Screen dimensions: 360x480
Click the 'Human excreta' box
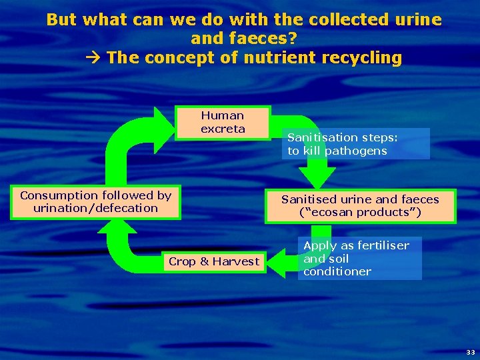point(223,123)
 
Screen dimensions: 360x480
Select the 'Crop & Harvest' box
point(213,261)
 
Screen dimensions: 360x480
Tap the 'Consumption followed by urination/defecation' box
point(95,201)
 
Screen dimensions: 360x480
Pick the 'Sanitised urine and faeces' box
point(360,206)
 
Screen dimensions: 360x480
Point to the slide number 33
point(471,352)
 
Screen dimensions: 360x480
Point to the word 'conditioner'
point(337,271)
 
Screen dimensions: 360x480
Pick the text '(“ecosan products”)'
point(360,213)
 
